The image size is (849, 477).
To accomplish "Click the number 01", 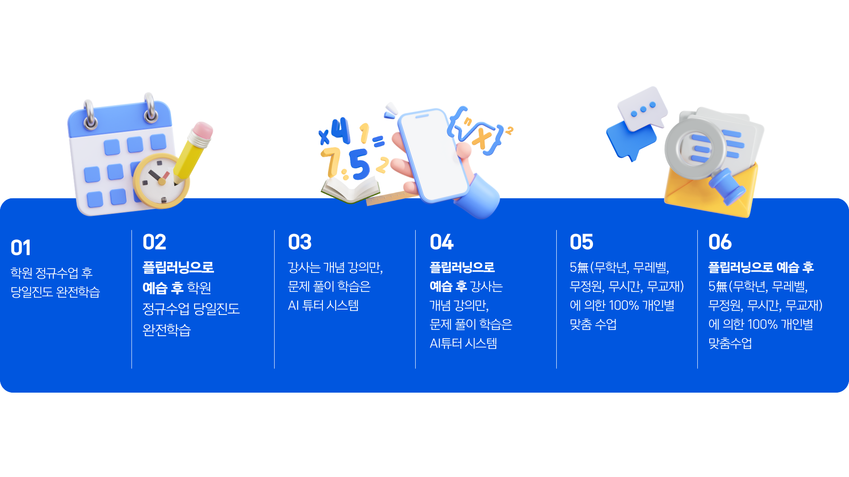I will coord(21,248).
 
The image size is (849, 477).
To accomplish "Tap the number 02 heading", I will coord(154,242).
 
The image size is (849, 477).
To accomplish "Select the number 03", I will coord(300,242).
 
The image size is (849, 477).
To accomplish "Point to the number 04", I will coord(442,242).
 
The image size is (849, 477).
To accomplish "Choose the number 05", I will coord(581,242).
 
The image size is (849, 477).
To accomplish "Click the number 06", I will coord(720,242).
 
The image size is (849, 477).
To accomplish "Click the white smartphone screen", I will coord(433,155).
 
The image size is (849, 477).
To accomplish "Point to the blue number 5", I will coord(359,164).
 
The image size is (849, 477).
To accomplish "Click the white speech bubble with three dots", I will coord(642,108).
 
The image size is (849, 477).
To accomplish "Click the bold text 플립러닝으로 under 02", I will coord(178,267).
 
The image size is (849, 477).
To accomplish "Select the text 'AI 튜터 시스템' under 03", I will coord(323,306).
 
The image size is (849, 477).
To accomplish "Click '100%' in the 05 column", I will coord(623,306).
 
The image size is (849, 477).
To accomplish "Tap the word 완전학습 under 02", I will coord(167,330).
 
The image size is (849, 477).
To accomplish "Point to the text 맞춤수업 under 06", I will coord(730,344).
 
